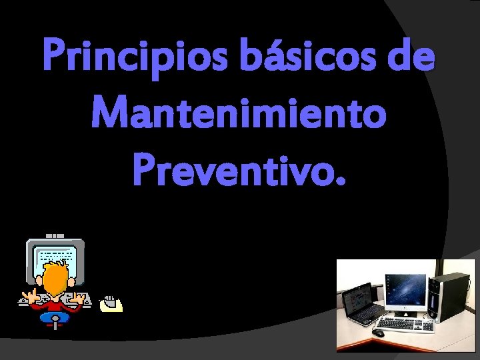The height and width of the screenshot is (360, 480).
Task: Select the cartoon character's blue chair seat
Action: (54, 318)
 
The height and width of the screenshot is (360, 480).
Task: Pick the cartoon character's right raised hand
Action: (79, 296)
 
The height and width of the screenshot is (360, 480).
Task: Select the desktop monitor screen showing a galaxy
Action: (405, 289)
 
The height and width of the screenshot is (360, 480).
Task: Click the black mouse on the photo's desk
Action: (378, 331)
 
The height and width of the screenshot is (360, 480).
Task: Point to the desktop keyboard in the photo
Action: (403, 324)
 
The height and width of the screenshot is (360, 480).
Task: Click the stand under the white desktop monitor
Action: (405, 312)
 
